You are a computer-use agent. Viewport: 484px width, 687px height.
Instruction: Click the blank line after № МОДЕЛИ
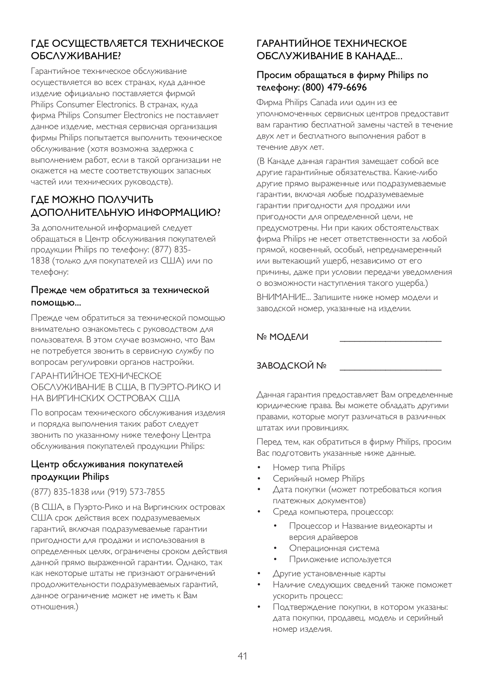(x=390, y=340)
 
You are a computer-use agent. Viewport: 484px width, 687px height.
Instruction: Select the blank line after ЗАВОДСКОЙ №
(x=390, y=369)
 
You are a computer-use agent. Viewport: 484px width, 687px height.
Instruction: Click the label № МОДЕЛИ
(x=282, y=337)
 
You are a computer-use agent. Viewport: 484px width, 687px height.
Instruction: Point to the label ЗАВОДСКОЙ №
(x=291, y=366)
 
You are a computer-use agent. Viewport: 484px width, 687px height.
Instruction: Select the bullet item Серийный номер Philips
(x=318, y=478)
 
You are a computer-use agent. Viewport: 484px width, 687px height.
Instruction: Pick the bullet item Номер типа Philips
(x=309, y=467)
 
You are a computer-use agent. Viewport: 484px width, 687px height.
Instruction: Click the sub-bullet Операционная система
(x=334, y=548)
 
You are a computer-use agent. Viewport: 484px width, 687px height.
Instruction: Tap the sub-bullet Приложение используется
(x=340, y=559)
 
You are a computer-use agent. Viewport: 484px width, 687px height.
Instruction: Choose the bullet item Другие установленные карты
(x=329, y=573)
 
